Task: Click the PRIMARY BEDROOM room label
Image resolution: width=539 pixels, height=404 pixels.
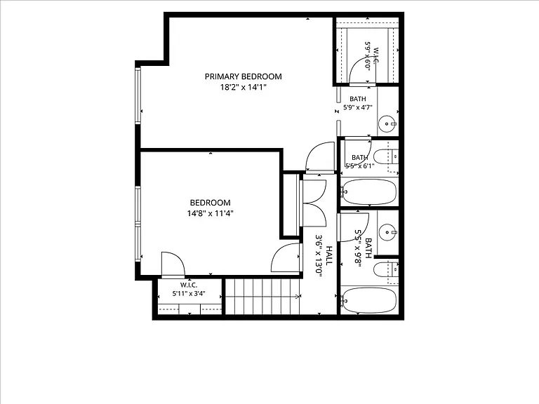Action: click(x=243, y=76)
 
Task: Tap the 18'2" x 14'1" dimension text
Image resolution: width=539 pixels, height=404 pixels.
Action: click(x=244, y=87)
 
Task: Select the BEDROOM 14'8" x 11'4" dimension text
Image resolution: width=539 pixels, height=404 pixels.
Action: click(x=210, y=213)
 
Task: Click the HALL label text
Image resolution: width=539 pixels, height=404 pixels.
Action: click(x=329, y=255)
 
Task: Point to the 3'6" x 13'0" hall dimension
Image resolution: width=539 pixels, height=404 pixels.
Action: click(x=319, y=255)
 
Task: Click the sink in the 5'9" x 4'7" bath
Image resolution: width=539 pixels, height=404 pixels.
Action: click(x=388, y=123)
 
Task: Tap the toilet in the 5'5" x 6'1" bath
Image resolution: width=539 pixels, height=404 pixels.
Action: click(x=386, y=157)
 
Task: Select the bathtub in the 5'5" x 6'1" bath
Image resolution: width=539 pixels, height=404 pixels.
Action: click(x=369, y=192)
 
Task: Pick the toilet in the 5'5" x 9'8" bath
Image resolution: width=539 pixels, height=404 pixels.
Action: click(x=386, y=270)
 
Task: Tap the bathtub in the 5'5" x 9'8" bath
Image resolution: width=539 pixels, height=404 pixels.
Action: click(x=369, y=301)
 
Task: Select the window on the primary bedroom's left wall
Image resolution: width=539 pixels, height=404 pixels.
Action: click(x=138, y=95)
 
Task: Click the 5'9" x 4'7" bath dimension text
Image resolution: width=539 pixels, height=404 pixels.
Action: click(x=358, y=107)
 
